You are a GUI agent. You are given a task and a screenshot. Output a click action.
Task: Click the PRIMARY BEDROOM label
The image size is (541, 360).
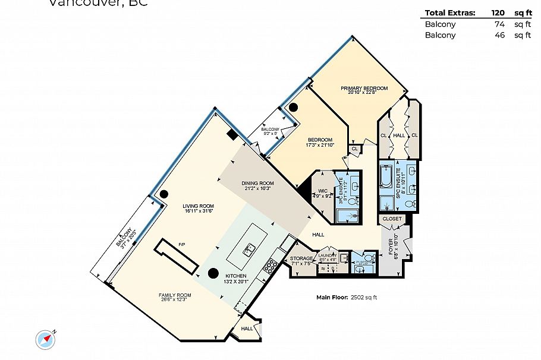pyautogui.click(x=364, y=89)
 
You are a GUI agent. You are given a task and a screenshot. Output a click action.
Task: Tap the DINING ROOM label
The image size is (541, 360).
pyautogui.click(x=257, y=183)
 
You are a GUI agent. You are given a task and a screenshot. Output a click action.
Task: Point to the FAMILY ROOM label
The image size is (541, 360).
pyautogui.click(x=175, y=295)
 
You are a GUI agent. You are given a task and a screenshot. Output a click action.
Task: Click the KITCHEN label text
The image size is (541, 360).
pyautogui.click(x=235, y=276)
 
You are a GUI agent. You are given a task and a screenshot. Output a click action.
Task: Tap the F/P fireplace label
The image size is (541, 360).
pyautogui.click(x=183, y=244)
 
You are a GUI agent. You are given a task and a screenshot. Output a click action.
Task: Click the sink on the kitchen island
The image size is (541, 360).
pyautogui.click(x=250, y=248)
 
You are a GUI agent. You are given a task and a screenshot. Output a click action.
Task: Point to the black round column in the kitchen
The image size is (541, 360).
pyautogui.click(x=212, y=274)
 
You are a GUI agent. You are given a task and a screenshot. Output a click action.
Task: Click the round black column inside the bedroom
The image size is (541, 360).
pyautogui.click(x=293, y=108)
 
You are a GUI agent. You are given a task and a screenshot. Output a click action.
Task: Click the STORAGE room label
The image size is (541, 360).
pyautogui.click(x=301, y=259)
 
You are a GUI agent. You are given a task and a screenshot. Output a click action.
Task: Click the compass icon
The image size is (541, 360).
pyautogui.click(x=45, y=339)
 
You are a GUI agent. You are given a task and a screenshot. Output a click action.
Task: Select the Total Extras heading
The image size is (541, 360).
pyautogui.click(x=450, y=12)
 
